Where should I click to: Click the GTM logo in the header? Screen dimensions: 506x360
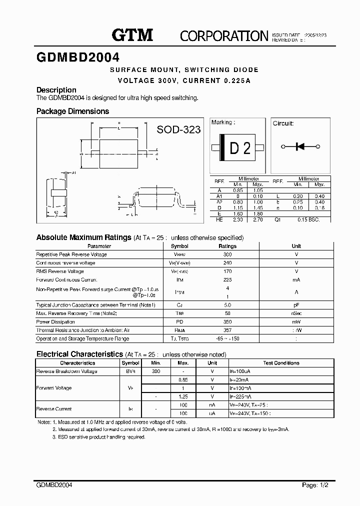(x=132, y=34)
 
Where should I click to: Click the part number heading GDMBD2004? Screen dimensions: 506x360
(x=77, y=57)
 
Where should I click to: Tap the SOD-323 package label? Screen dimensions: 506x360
(x=178, y=130)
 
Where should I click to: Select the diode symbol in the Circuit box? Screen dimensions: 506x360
(x=300, y=146)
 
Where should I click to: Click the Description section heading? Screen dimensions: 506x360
(x=56, y=90)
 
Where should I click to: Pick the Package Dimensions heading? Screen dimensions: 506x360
(x=72, y=111)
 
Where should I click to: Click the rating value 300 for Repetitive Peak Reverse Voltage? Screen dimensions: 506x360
(x=227, y=254)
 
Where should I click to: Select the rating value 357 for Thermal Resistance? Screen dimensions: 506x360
(x=227, y=330)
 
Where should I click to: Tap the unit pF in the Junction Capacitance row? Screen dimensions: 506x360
(x=296, y=305)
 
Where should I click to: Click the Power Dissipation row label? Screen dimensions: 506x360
(x=56, y=322)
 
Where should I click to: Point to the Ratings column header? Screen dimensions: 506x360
(x=227, y=246)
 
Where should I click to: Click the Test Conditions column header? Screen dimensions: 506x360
(x=281, y=363)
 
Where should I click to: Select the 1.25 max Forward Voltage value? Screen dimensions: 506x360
(x=183, y=396)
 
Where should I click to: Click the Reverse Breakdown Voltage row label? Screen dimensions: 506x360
(x=66, y=371)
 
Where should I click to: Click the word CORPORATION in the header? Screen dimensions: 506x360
(x=224, y=35)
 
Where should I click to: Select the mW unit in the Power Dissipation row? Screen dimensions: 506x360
(x=296, y=322)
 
